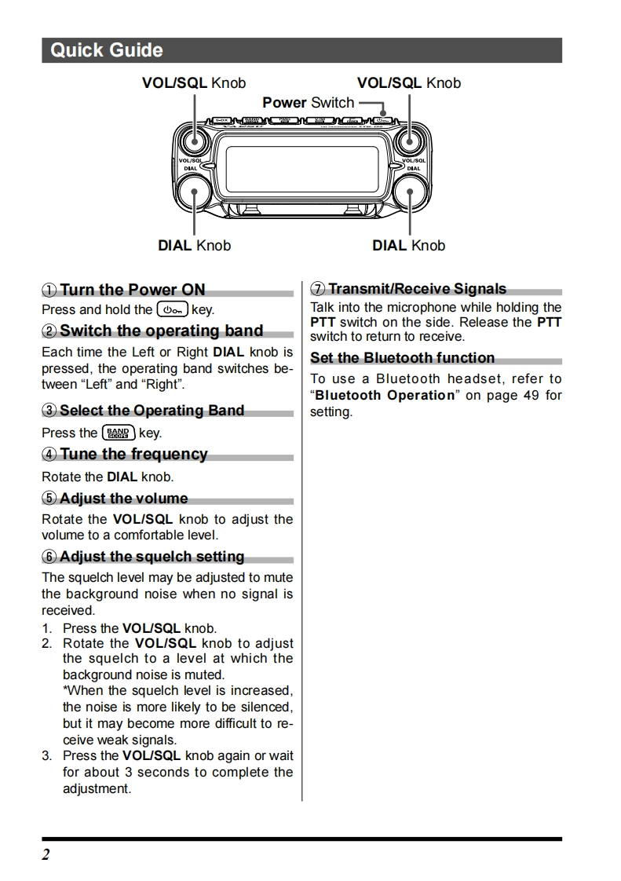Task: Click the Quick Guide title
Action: [x=107, y=51]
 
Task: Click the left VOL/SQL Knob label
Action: [x=193, y=83]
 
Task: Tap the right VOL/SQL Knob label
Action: [x=408, y=83]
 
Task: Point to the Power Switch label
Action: [x=308, y=103]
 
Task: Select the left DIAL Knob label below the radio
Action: [x=194, y=246]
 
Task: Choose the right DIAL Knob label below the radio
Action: [x=408, y=246]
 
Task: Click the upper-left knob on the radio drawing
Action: [x=192, y=142]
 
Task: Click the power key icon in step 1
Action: [x=172, y=310]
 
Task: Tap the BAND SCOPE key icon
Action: [x=119, y=433]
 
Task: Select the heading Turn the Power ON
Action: [x=132, y=290]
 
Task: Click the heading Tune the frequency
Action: [x=133, y=455]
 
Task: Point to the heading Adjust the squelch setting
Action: [x=152, y=557]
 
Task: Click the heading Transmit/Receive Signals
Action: [x=417, y=289]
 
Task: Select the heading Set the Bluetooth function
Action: [x=402, y=358]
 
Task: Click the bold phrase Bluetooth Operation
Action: [x=385, y=396]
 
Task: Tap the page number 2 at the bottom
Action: [x=46, y=854]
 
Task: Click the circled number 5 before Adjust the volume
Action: [x=49, y=499]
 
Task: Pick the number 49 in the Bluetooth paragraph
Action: [x=531, y=396]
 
